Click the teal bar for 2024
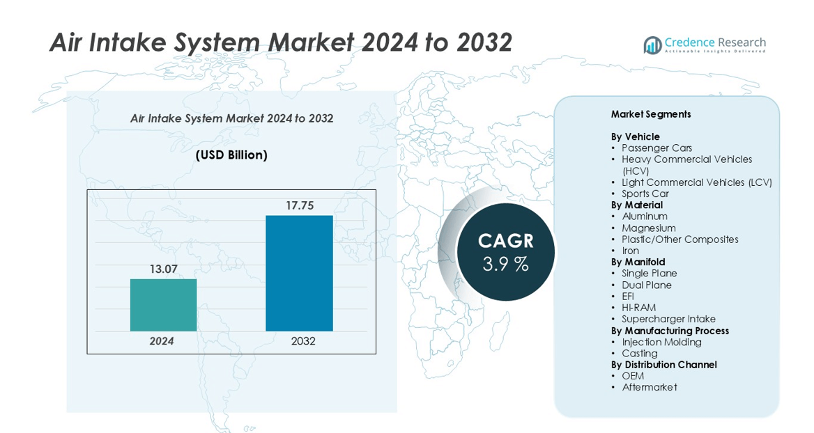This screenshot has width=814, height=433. pyautogui.click(x=163, y=305)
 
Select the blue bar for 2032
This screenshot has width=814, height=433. pyautogui.click(x=299, y=273)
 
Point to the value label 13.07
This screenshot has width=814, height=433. pyautogui.click(x=163, y=269)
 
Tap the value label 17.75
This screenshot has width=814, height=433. pyautogui.click(x=300, y=205)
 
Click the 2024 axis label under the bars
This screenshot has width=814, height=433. pyautogui.click(x=162, y=341)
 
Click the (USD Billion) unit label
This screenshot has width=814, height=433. pyautogui.click(x=231, y=155)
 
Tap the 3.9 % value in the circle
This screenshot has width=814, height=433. pyautogui.click(x=505, y=265)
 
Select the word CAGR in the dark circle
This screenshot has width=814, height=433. pyautogui.click(x=505, y=241)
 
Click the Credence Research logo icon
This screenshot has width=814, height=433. pyautogui.click(x=652, y=45)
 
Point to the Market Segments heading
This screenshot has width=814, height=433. pyautogui.click(x=650, y=114)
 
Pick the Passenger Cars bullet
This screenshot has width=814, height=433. pyautogui.click(x=656, y=148)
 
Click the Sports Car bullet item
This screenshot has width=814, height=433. pyautogui.click(x=645, y=194)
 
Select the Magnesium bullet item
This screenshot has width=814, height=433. pyautogui.click(x=649, y=228)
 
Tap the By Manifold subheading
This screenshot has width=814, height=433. pyautogui.click(x=638, y=262)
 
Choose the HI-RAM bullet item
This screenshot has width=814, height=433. pyautogui.click(x=638, y=308)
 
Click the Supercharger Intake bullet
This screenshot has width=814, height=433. pyautogui.click(x=668, y=319)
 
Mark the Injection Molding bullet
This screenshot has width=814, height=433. pyautogui.click(x=661, y=342)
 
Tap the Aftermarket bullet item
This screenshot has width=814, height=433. pyautogui.click(x=649, y=387)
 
